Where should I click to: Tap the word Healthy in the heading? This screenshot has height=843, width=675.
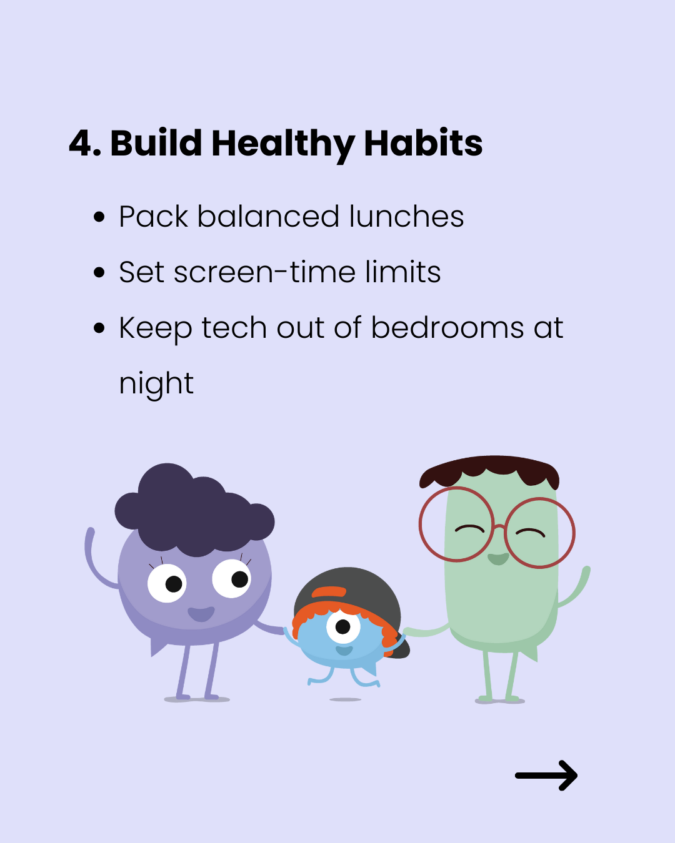(x=283, y=145)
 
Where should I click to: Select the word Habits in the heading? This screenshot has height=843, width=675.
(x=423, y=142)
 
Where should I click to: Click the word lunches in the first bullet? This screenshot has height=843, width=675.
(x=406, y=216)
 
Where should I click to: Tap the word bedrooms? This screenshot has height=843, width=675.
(x=447, y=327)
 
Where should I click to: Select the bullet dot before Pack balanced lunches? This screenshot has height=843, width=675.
(x=99, y=217)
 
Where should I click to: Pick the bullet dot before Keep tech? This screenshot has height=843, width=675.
(x=99, y=328)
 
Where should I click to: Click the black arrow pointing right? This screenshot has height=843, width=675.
(x=546, y=775)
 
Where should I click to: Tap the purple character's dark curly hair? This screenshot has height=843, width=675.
(x=194, y=510)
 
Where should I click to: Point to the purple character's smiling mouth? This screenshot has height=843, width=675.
(x=201, y=614)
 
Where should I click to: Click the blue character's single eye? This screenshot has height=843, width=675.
(x=343, y=626)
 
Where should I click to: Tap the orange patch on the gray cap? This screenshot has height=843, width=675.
(x=329, y=592)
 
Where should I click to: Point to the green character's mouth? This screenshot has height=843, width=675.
(x=498, y=559)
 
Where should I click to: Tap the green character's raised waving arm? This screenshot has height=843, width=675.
(x=574, y=587)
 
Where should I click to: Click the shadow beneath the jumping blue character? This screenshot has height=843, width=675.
(x=345, y=699)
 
